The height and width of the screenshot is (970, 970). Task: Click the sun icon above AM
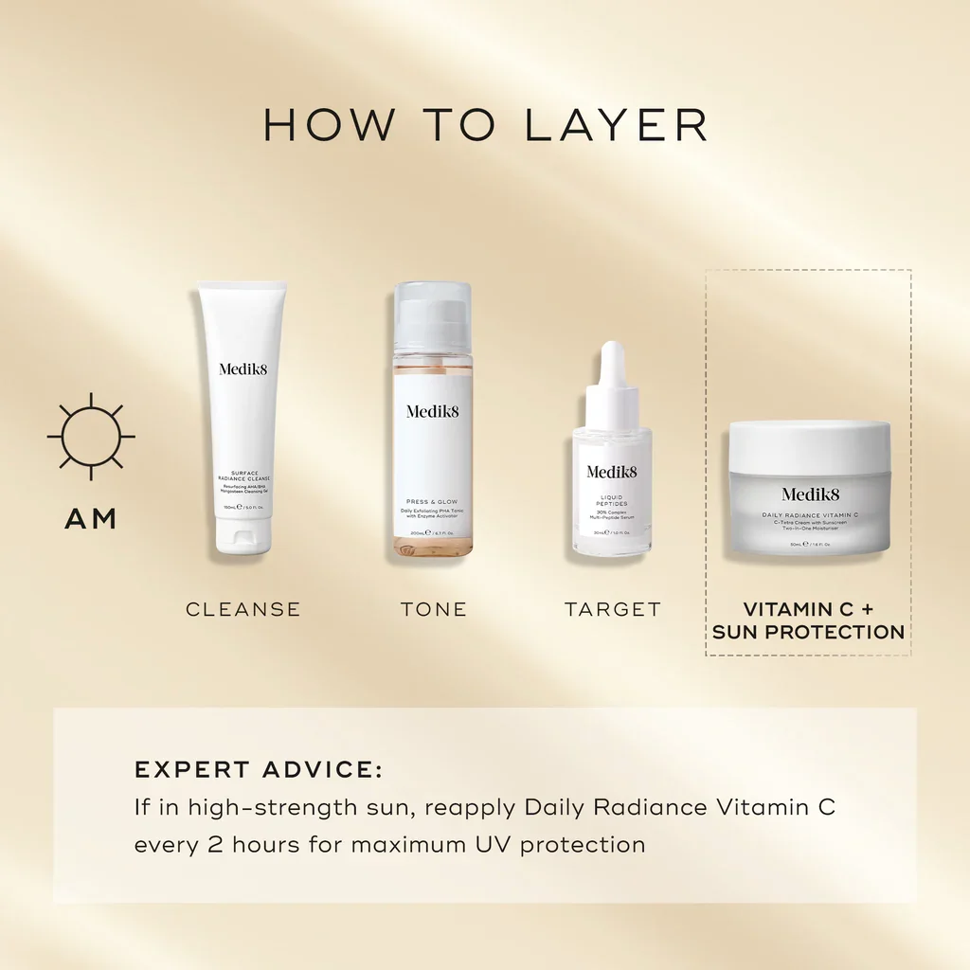(91, 437)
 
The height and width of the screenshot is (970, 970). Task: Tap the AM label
(91, 519)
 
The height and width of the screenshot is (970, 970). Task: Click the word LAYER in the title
(617, 125)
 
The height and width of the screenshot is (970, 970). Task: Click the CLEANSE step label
(243, 609)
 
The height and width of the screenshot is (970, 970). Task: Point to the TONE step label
(434, 609)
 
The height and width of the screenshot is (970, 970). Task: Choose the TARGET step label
(613, 609)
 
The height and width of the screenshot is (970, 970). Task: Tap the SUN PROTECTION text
(808, 632)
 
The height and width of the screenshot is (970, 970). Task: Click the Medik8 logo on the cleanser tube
(243, 369)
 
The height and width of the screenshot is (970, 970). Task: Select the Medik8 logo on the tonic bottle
(432, 411)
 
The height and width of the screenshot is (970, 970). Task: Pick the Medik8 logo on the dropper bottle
(612, 472)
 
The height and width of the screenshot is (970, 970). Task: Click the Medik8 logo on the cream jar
(810, 494)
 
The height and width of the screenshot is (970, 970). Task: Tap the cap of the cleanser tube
(242, 538)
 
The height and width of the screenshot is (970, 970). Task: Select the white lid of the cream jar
(810, 445)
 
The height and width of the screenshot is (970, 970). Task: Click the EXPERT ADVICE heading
(259, 769)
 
